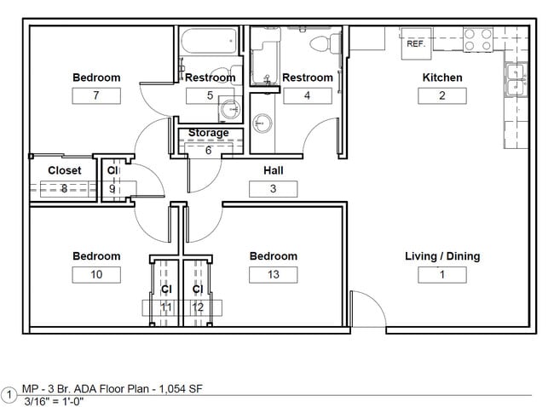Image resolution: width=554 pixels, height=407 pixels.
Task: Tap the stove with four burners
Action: (478, 39)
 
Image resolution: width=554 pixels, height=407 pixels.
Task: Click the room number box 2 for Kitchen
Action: (441, 95)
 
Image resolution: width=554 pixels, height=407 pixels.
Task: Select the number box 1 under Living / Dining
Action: (441, 274)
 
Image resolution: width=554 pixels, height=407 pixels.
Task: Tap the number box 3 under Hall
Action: (273, 189)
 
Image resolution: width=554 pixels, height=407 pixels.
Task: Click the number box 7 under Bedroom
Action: (95, 95)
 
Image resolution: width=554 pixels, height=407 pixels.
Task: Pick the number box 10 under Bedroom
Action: (95, 274)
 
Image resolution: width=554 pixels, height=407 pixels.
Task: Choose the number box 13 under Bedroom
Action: (273, 274)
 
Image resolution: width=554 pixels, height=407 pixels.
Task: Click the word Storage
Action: (208, 133)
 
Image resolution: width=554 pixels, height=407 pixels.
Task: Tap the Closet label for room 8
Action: (65, 170)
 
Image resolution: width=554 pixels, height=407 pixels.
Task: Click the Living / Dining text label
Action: (441, 256)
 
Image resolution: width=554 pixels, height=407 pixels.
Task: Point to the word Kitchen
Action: (442, 77)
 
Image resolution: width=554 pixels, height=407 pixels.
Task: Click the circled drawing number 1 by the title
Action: (9, 395)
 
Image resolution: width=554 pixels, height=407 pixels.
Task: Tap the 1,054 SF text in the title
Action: (179, 389)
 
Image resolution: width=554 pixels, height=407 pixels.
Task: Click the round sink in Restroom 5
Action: (228, 109)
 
